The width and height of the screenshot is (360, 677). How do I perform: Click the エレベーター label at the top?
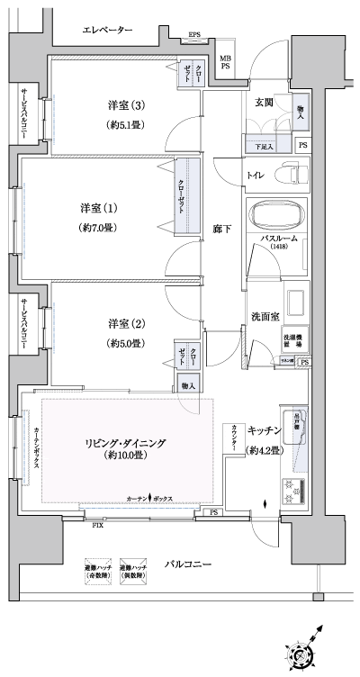click(107, 32)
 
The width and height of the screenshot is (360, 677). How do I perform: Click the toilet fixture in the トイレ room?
click(292, 171)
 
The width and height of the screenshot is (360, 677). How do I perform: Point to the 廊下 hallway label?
click(221, 229)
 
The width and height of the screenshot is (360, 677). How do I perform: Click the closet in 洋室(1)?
click(187, 195)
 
